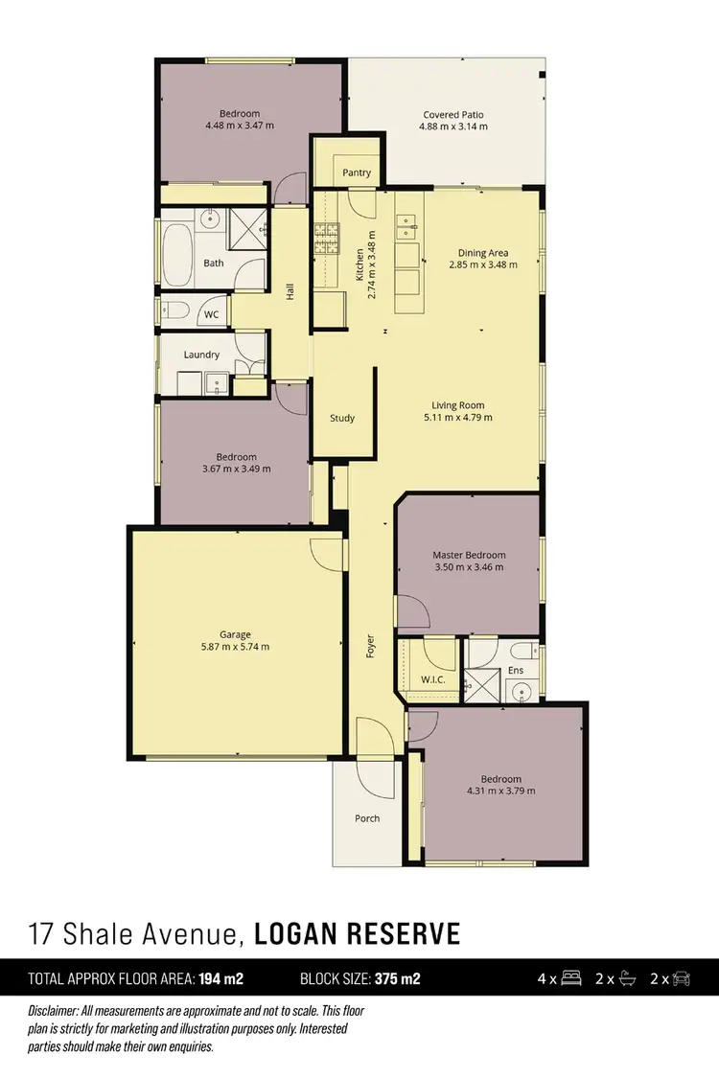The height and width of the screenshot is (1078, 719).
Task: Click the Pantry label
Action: tap(357, 173)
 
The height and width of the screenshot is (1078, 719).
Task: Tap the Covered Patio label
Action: tap(453, 115)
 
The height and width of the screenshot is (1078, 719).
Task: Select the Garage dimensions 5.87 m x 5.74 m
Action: tap(235, 647)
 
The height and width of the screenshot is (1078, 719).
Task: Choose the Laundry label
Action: tap(201, 355)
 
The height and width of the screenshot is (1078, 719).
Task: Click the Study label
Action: tap(342, 418)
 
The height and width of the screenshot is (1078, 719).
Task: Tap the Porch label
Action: tap(367, 818)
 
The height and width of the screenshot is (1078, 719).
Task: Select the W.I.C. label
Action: tap(433, 679)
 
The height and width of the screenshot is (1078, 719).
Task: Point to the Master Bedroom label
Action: tap(469, 555)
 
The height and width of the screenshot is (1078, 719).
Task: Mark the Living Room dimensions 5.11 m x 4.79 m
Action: tap(458, 418)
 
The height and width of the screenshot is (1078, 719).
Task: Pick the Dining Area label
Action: tap(482, 253)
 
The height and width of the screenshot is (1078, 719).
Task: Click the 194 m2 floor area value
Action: tap(221, 979)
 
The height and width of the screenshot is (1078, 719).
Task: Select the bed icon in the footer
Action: tap(570, 979)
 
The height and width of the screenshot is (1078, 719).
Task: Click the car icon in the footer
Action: tap(682, 979)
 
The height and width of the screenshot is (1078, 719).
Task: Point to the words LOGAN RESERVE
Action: tap(359, 932)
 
